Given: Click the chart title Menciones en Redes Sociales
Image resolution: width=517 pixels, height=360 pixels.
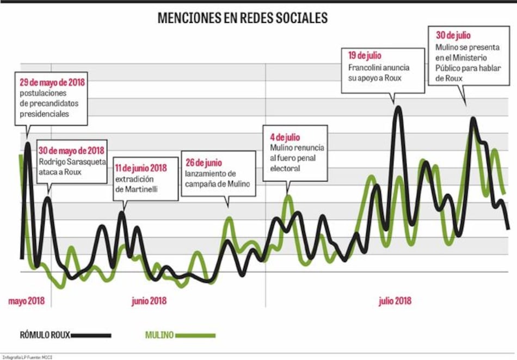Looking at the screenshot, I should point(242,18).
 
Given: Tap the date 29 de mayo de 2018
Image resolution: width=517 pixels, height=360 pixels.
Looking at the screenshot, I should point(52,83).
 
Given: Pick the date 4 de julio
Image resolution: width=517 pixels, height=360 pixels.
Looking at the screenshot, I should point(285,137).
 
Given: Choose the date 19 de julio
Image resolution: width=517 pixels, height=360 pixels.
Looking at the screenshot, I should point(365,55).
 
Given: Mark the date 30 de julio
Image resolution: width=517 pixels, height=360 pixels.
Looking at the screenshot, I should point(453,35).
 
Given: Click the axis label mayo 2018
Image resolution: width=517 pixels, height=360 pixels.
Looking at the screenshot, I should point(26,301).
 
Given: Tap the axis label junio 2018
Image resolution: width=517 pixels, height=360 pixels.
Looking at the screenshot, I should point(149,301).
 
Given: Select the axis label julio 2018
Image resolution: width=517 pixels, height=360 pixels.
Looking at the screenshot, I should point(395,301).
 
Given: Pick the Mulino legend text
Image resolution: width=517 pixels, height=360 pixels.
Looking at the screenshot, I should point(159,335).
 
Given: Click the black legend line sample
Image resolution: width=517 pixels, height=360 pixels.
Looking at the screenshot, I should point(91,335).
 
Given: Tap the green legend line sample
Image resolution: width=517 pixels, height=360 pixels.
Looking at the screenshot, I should point(194,335).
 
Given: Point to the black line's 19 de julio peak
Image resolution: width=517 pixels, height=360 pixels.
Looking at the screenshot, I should point(398,108).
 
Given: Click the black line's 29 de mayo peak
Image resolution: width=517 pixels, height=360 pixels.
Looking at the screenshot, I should point(28,145).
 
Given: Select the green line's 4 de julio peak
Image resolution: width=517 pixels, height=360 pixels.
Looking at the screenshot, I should point(288,197).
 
